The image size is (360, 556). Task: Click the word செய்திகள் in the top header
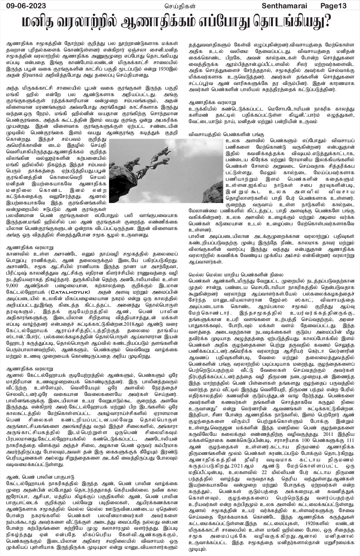179,5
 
